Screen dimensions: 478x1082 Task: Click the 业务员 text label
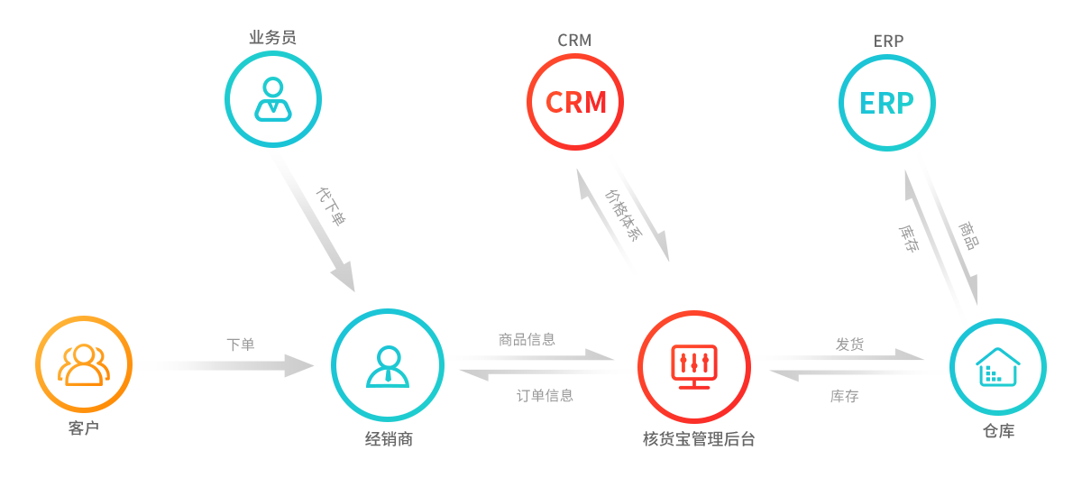[x=272, y=37]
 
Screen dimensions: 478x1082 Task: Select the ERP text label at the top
[x=888, y=41]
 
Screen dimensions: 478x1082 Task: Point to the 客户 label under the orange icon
[x=83, y=427]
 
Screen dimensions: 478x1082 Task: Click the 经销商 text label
[x=389, y=439]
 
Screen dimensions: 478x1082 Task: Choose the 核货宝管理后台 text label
[x=698, y=439]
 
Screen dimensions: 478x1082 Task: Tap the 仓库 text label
[x=998, y=431]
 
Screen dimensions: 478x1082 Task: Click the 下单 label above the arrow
[x=240, y=344]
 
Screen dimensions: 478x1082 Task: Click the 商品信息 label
[x=527, y=340]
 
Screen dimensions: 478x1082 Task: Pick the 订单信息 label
[x=545, y=395]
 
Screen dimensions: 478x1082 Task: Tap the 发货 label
[x=850, y=343]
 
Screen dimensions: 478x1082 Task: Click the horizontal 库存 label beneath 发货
[x=843, y=396]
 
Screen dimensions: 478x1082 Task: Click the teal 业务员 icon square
[x=267, y=98]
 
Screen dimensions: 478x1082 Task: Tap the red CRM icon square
[x=569, y=101]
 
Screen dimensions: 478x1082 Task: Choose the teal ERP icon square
[x=880, y=102]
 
